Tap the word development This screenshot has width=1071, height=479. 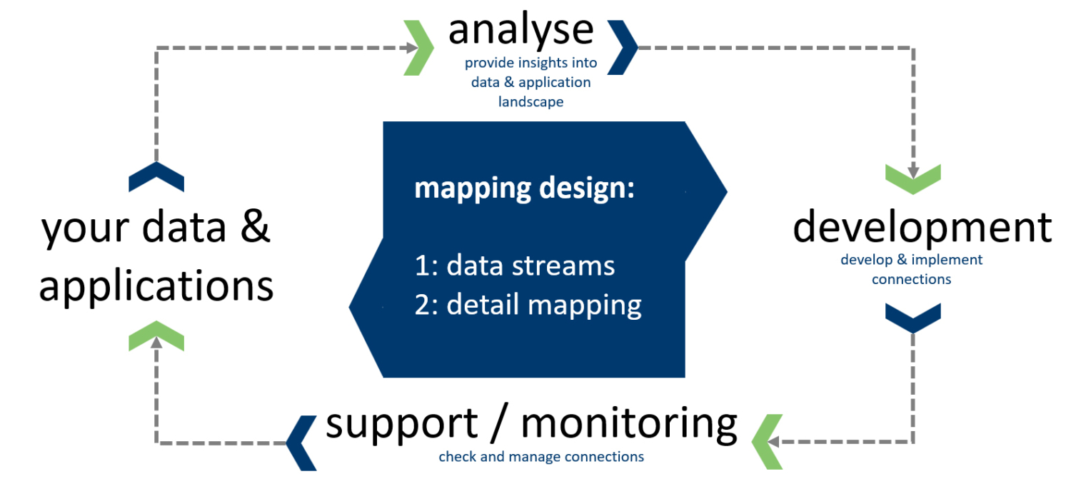922,227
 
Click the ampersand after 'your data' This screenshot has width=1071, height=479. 255,228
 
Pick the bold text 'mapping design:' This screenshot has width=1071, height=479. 525,188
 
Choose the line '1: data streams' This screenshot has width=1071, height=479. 515,266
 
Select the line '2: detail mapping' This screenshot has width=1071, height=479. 528,305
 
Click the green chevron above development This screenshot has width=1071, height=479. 912,178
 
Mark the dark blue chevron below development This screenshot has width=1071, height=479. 912,317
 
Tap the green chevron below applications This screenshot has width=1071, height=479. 156,335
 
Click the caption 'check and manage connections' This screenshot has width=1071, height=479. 541,457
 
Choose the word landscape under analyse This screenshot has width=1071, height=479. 531,102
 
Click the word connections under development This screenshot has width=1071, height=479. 911,279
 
